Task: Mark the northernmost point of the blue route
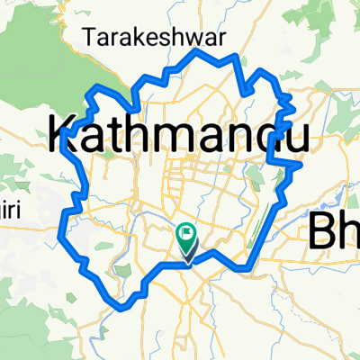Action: pos(198,50)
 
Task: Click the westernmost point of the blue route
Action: pos(59,236)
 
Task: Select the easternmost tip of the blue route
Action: pos(301,164)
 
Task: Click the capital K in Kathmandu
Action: pos(60,137)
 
